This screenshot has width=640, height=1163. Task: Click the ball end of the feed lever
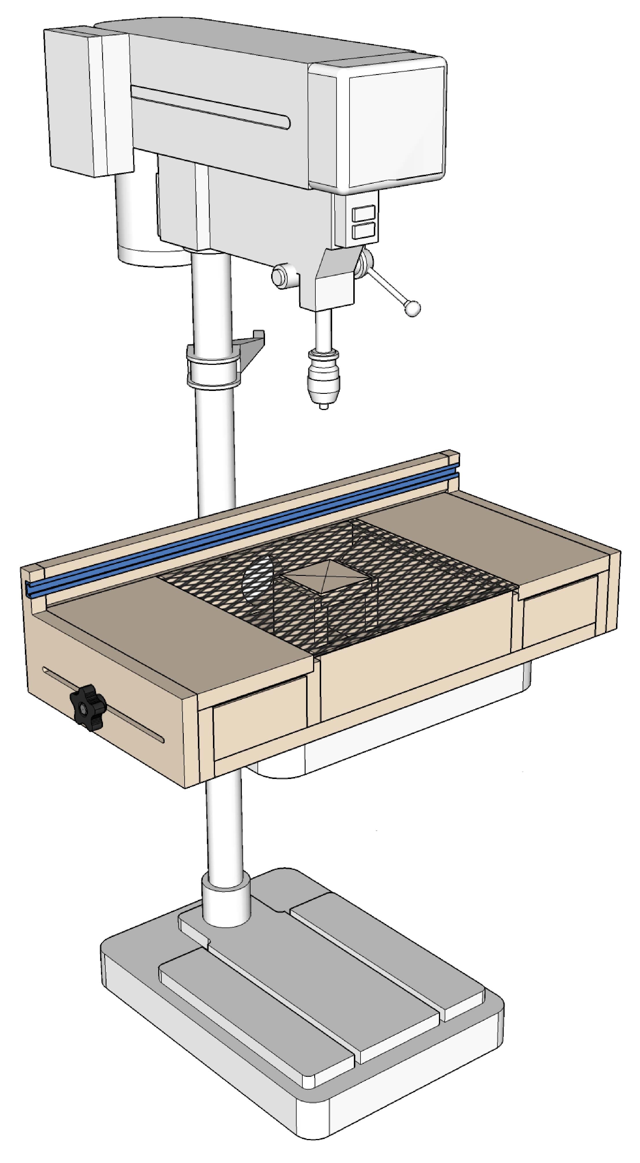412,308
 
